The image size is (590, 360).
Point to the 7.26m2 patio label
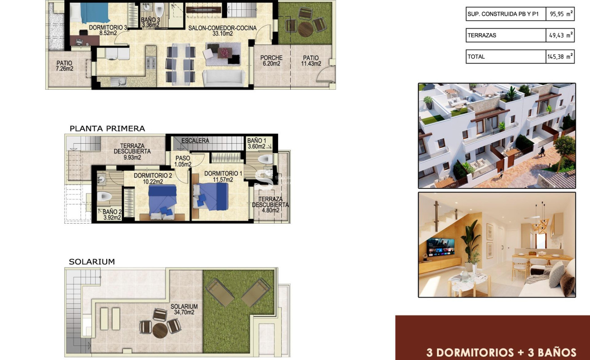65,66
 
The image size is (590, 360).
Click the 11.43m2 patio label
310,61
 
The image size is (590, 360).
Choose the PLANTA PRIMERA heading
107,128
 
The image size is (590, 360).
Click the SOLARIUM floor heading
92,262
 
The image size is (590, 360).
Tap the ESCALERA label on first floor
195,140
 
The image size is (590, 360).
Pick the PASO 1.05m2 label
183,161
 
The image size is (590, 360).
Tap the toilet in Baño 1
266,159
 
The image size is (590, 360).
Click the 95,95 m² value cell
560,14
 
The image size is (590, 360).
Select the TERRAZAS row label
482,35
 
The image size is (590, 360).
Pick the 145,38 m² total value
560,57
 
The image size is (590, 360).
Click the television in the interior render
440,247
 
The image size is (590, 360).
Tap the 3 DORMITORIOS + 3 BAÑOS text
501,352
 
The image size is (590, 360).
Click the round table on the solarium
160,330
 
